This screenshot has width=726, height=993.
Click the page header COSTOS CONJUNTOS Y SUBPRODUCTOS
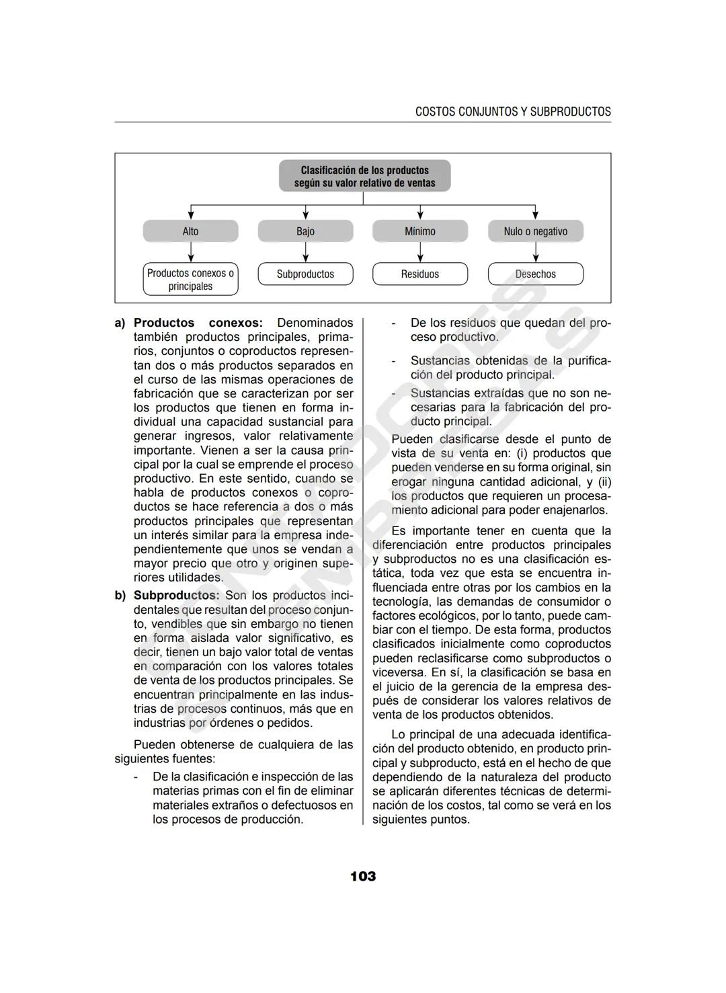pyautogui.click(x=513, y=112)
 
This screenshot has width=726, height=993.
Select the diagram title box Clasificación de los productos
pyautogui.click(x=364, y=176)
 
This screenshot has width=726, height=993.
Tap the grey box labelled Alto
pyautogui.click(x=190, y=231)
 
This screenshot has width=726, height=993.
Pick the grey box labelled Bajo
pyautogui.click(x=305, y=231)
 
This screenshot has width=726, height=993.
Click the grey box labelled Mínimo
pyautogui.click(x=420, y=231)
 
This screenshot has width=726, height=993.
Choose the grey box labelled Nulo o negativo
pyautogui.click(x=535, y=231)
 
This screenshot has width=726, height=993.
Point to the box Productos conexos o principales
pyautogui.click(x=190, y=279)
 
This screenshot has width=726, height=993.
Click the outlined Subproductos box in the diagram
pyautogui.click(x=305, y=274)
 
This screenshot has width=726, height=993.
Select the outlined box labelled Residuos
pyautogui.click(x=420, y=274)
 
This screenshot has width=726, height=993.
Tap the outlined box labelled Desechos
pyautogui.click(x=535, y=274)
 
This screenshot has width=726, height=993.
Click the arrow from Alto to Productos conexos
pyautogui.click(x=191, y=252)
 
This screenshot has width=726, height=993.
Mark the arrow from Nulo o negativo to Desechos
pyautogui.click(x=536, y=252)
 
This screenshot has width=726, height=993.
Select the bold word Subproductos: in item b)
pyautogui.click(x=176, y=596)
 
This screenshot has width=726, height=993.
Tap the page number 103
pyautogui.click(x=363, y=876)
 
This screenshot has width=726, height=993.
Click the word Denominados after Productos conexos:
pyautogui.click(x=315, y=323)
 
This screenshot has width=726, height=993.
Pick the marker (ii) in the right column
pyautogui.click(x=604, y=482)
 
